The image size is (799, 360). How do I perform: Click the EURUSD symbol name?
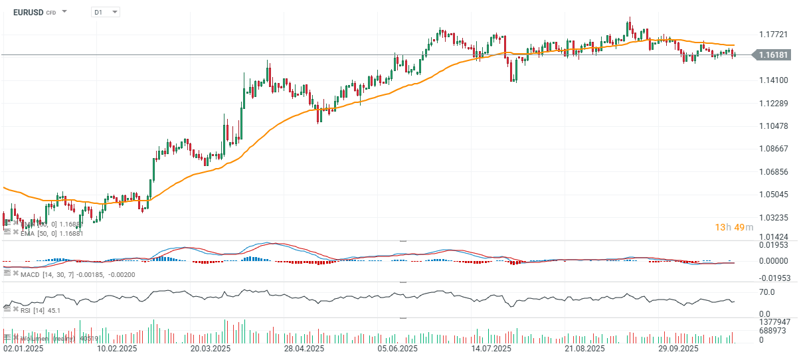click(27, 12)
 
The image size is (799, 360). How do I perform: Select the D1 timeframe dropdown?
click(105, 12)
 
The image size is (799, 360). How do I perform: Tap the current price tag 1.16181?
click(773, 55)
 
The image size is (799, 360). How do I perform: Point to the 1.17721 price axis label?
click(774, 35)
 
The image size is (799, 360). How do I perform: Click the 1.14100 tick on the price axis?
click(774, 80)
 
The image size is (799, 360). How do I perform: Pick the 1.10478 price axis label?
click(774, 126)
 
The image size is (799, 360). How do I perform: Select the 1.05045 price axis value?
click(774, 195)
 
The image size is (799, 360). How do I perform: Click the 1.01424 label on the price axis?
click(774, 236)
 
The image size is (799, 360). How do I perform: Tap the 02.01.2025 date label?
click(25, 349)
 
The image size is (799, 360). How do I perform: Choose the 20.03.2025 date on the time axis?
click(211, 349)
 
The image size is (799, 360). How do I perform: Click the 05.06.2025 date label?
click(398, 349)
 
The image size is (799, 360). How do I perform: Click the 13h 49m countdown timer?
click(734, 228)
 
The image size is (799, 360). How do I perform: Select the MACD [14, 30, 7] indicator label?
click(66, 274)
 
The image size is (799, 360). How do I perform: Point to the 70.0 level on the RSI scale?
click(768, 292)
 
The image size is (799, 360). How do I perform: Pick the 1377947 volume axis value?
click(774, 321)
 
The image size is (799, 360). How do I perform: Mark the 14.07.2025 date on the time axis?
click(491, 349)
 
